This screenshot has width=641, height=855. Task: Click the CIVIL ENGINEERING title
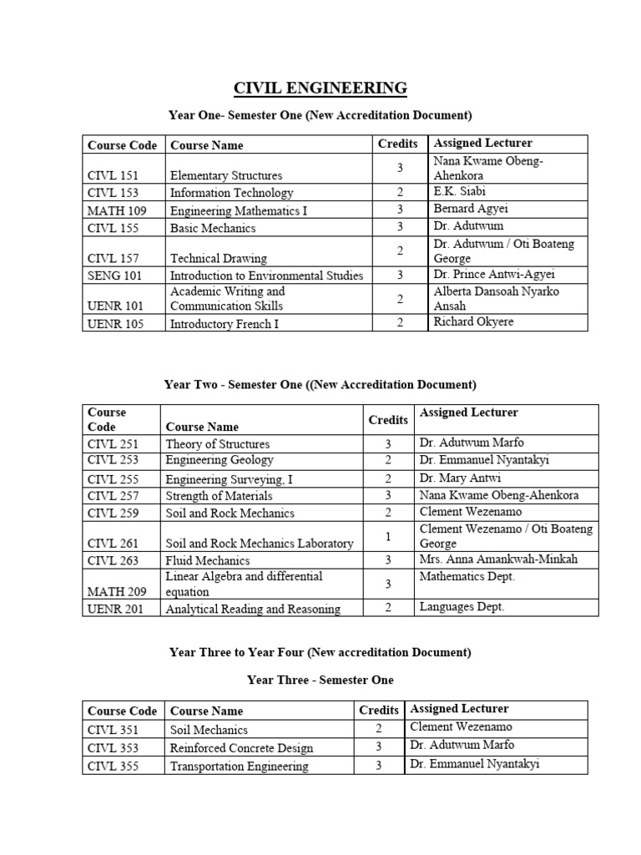[320, 88]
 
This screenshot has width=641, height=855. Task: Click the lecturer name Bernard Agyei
[471, 209]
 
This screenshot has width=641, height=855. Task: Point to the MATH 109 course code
[117, 210]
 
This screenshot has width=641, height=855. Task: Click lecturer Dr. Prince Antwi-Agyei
[494, 274]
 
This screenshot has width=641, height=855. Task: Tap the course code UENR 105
[116, 324]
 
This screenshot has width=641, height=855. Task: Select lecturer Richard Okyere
[473, 321]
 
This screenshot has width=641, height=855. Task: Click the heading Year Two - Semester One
[320, 385]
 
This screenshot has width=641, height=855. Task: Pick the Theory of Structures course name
[218, 444]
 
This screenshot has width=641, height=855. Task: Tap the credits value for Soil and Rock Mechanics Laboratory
[388, 537]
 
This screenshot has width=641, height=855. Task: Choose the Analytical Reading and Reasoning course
[253, 609]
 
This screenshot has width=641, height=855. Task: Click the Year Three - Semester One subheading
[320, 680]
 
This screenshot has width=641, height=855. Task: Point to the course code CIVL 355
[113, 766]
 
